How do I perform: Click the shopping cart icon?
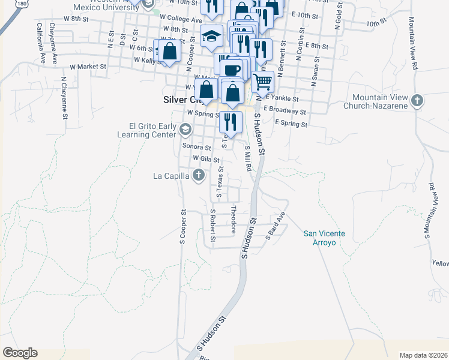(x=262, y=80)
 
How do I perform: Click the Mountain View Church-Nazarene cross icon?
(x=418, y=100)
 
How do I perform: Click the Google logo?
(x=20, y=353)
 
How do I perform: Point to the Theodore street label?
(x=234, y=217)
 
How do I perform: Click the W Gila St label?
(x=205, y=158)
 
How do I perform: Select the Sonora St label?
(x=197, y=147)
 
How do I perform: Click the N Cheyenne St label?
(x=64, y=95)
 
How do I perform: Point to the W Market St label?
(x=88, y=67)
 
